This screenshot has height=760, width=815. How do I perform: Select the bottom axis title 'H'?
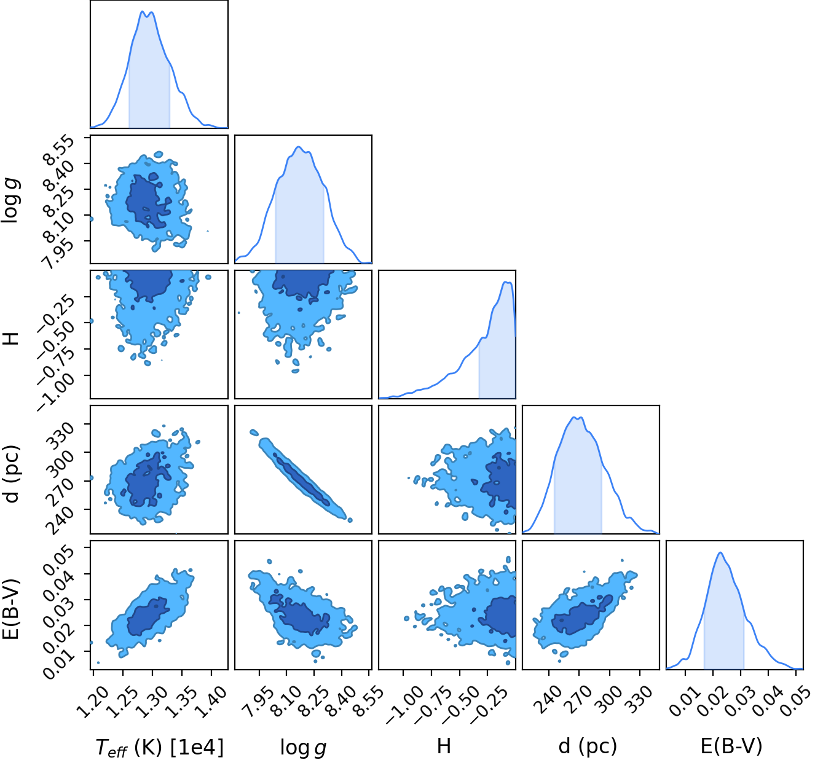(444, 746)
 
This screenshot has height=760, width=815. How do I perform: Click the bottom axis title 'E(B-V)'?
(731, 746)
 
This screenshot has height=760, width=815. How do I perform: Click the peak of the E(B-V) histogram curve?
(720, 552)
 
